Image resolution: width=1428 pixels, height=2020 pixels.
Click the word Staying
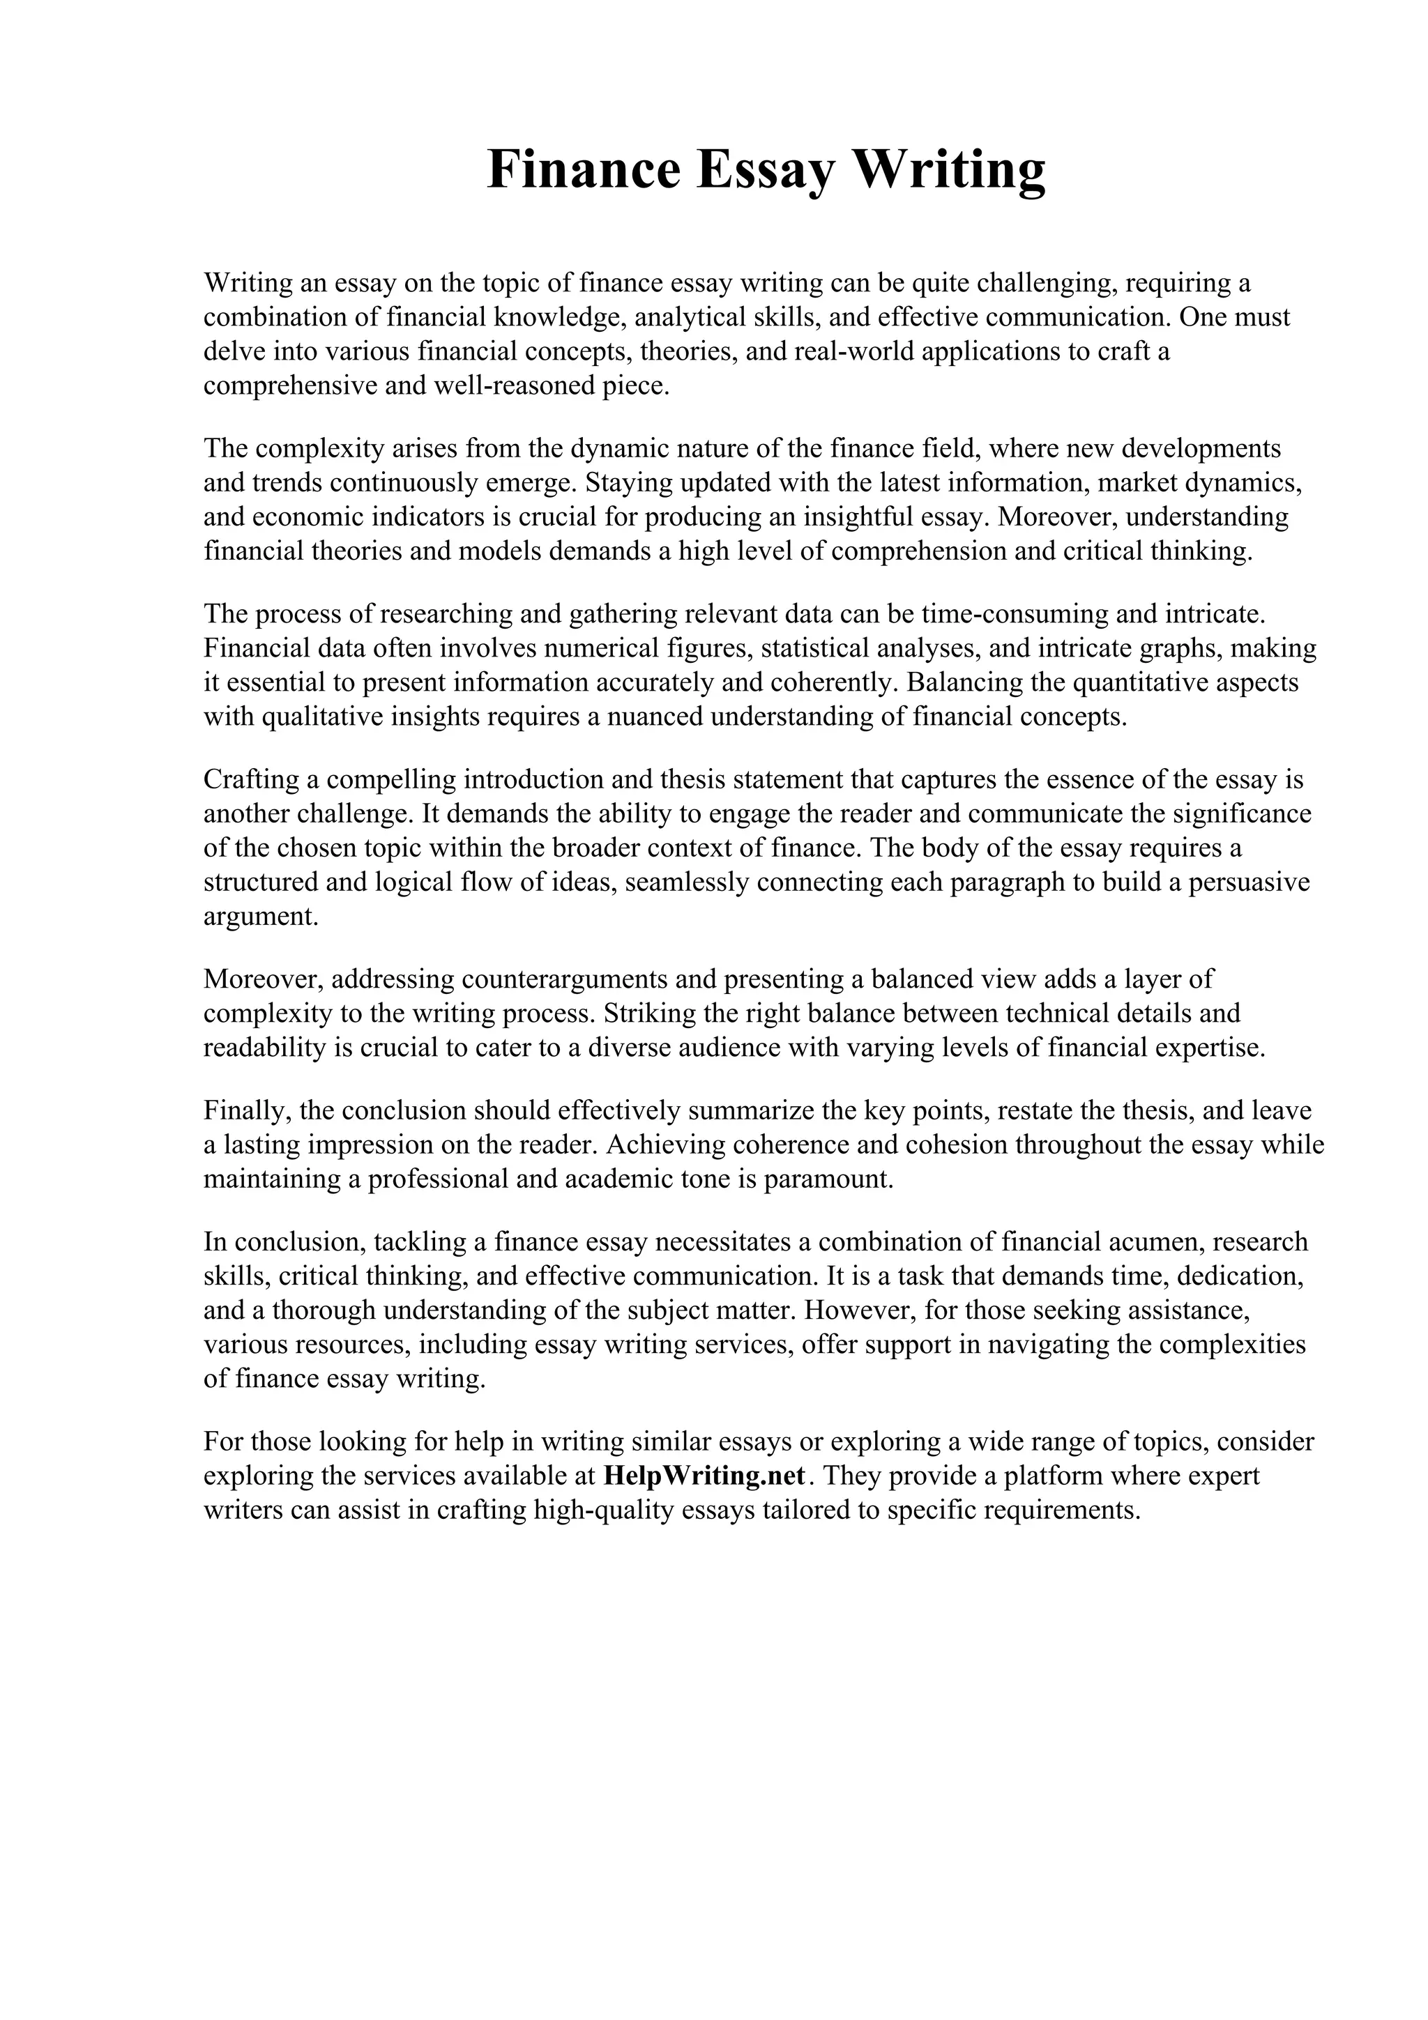(632, 482)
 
